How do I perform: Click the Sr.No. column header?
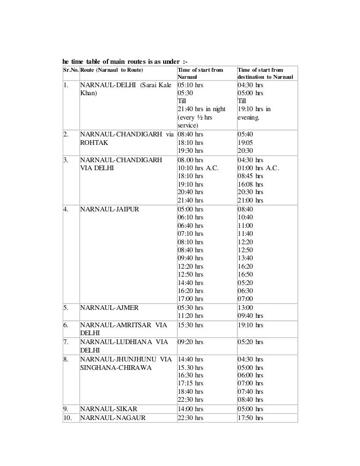[71, 70]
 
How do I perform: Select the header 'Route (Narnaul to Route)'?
[112, 70]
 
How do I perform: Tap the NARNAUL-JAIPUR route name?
[110, 209]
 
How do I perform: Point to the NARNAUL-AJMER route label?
[109, 308]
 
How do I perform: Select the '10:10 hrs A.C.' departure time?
[198, 168]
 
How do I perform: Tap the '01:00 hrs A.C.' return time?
[258, 168]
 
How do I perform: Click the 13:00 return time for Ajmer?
[245, 308]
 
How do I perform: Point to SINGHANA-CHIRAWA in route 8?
[116, 368]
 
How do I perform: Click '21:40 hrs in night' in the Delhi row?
[202, 109]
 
